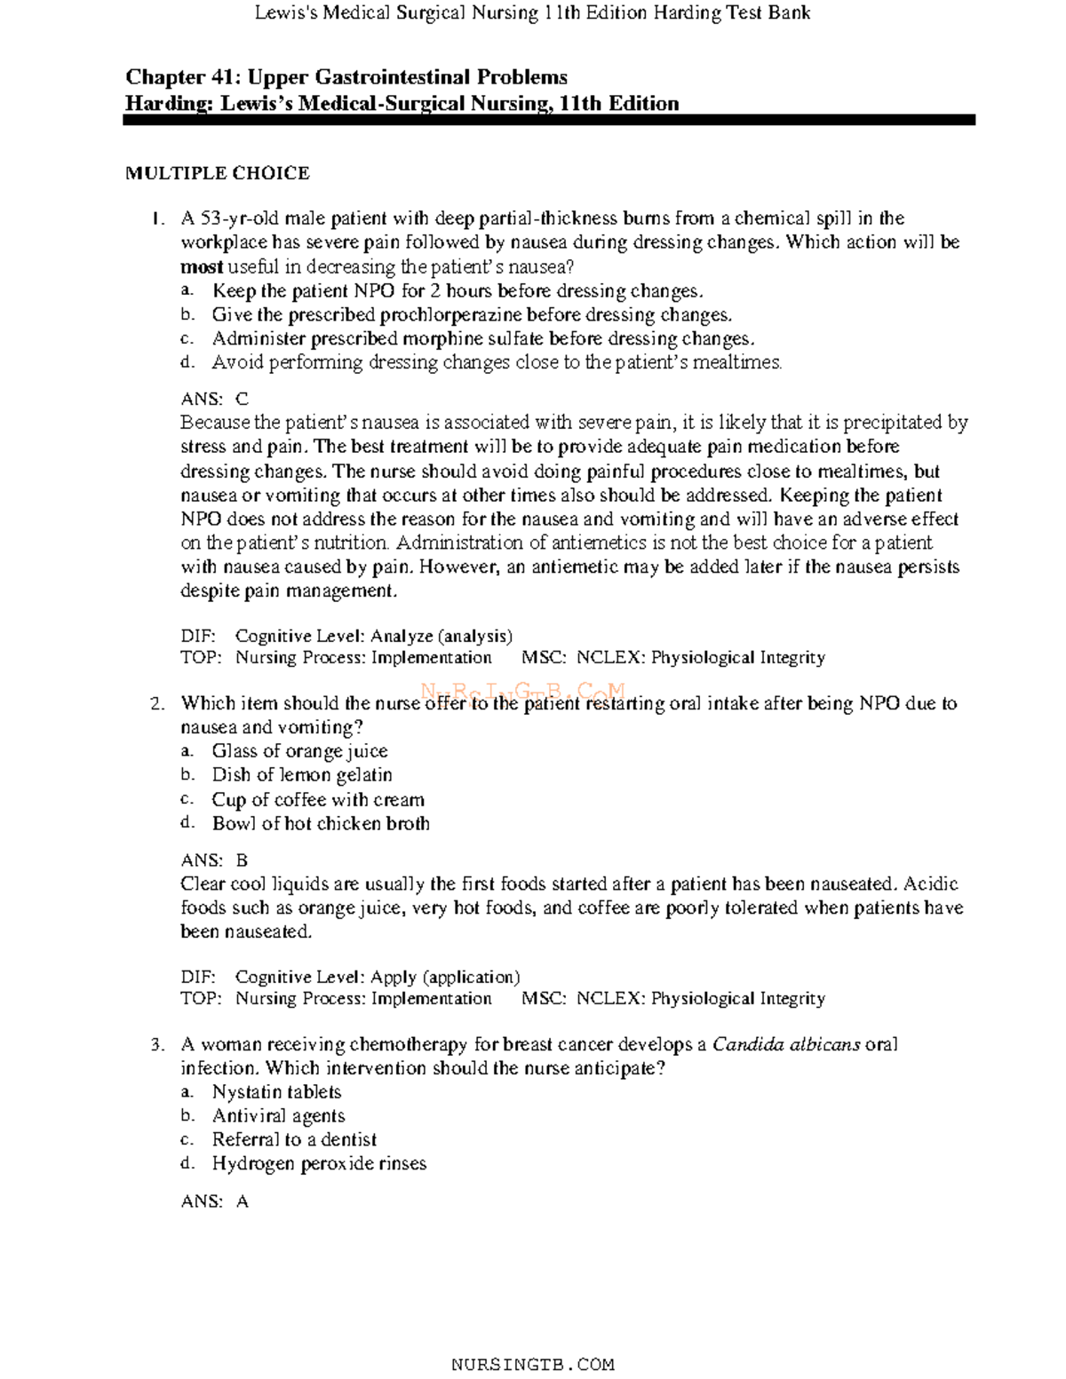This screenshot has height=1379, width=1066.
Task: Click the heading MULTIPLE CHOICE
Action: coord(217,173)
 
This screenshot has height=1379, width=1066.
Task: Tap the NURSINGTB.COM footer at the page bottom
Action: coord(532,1364)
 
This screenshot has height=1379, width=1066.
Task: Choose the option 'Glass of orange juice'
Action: coord(299,751)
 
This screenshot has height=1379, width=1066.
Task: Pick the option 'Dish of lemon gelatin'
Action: coord(301,775)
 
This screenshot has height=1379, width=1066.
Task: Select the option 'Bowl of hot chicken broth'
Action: coord(320,823)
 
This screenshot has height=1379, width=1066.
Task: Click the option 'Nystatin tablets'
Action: coord(276,1092)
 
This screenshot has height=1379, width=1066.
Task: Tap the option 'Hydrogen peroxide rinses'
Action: coord(319,1163)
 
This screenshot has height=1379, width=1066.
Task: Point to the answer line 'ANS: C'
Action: coord(214,400)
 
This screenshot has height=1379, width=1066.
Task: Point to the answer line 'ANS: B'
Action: coord(214,860)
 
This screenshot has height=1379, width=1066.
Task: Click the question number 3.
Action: coord(156,1045)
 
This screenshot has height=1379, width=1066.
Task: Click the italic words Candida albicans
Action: coord(786,1044)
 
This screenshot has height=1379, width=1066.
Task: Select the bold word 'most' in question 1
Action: coord(202,267)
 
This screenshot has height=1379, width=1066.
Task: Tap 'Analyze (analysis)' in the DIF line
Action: coord(441,636)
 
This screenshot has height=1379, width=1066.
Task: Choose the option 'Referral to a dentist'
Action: coord(294,1139)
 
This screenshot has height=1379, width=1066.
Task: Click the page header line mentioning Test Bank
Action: coord(532,12)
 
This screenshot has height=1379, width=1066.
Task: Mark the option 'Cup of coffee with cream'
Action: coord(318,799)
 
